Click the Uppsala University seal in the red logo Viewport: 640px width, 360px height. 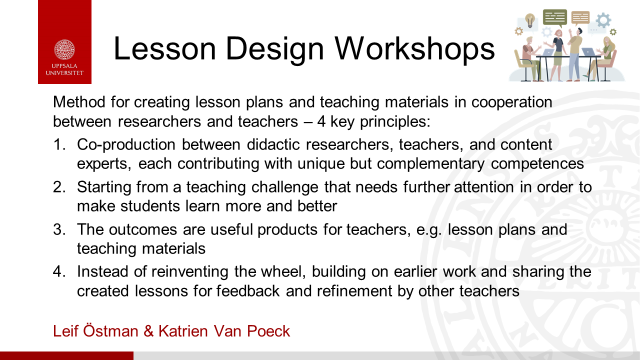pyautogui.click(x=64, y=49)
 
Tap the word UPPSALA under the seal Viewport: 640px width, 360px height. pyautogui.click(x=64, y=66)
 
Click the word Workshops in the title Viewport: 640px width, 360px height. pyautogui.click(x=414, y=48)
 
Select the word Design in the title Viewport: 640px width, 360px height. pyautogui.click(x=275, y=48)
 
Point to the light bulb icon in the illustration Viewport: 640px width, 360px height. pyautogui.click(x=530, y=20)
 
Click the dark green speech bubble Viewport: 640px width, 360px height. pyautogui.click(x=555, y=17)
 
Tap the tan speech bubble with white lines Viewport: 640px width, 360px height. pyautogui.click(x=580, y=17)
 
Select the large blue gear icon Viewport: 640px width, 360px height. pyautogui.click(x=603, y=20)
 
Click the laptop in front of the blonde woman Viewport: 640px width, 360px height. pyautogui.click(x=589, y=52)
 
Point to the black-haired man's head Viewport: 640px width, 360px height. pyautogui.click(x=579, y=31)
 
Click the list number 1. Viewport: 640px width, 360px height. pyautogui.click(x=59, y=144)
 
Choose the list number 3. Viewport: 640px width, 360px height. pyautogui.click(x=59, y=229)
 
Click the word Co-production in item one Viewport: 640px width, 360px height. pyautogui.click(x=126, y=144)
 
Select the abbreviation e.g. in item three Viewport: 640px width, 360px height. pyautogui.click(x=429, y=230)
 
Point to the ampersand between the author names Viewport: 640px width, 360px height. pyautogui.click(x=148, y=331)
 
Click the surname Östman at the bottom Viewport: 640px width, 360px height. pyautogui.click(x=110, y=330)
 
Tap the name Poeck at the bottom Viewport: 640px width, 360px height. pyautogui.click(x=268, y=331)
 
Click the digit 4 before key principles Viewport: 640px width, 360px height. pyautogui.click(x=321, y=121)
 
